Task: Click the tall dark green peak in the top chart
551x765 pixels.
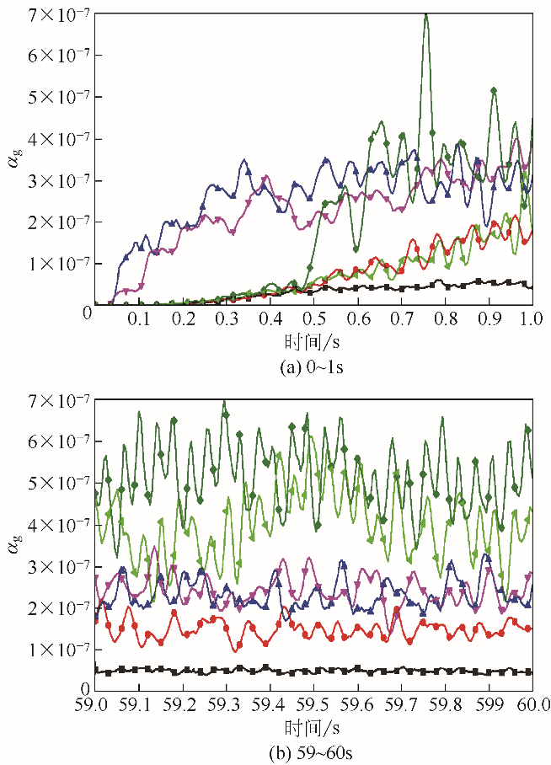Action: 425,17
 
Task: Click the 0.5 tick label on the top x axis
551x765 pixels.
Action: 313,320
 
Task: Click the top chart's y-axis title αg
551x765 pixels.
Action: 15,157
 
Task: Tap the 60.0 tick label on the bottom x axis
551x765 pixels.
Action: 532,704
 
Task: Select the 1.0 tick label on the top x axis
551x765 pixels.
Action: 532,320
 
